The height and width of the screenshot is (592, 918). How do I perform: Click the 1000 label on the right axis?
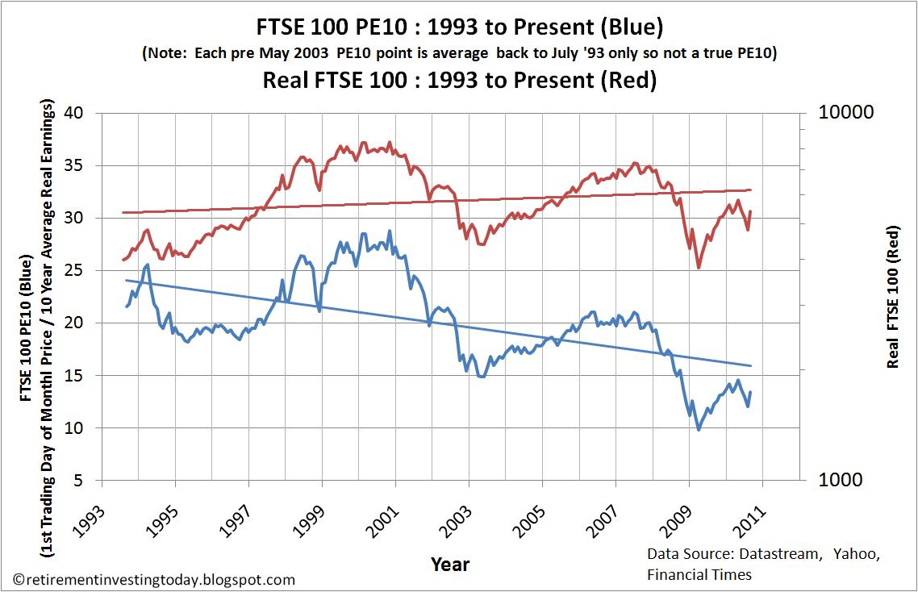click(841, 480)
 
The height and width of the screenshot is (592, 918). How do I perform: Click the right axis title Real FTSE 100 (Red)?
click(893, 296)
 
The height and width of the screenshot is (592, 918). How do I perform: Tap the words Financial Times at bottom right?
click(699, 574)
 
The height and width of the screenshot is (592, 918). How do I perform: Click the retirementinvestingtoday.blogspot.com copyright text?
click(153, 579)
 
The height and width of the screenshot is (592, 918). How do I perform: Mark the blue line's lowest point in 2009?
click(699, 429)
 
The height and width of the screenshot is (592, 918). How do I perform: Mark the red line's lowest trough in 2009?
click(699, 267)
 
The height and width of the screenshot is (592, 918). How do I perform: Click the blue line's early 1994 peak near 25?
click(147, 265)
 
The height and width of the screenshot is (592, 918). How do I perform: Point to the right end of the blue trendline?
click(751, 365)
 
